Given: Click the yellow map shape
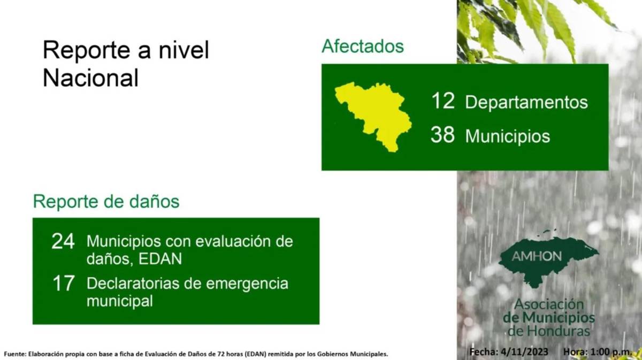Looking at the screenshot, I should tap(374, 115).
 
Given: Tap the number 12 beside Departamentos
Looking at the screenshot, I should tap(443, 101).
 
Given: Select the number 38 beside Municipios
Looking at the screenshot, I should tap(443, 135).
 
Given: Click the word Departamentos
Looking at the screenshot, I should tap(526, 102).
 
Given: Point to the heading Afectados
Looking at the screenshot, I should tap(362, 46).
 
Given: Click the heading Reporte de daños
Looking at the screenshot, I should tap(106, 202).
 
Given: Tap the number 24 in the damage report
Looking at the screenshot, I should tap(63, 242).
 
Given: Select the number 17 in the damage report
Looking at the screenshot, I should tap(63, 284).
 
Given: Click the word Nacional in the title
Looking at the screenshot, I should tap(90, 78).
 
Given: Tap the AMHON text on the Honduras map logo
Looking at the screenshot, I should tap(537, 256).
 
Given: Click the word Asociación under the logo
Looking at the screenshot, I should tap(549, 304).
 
